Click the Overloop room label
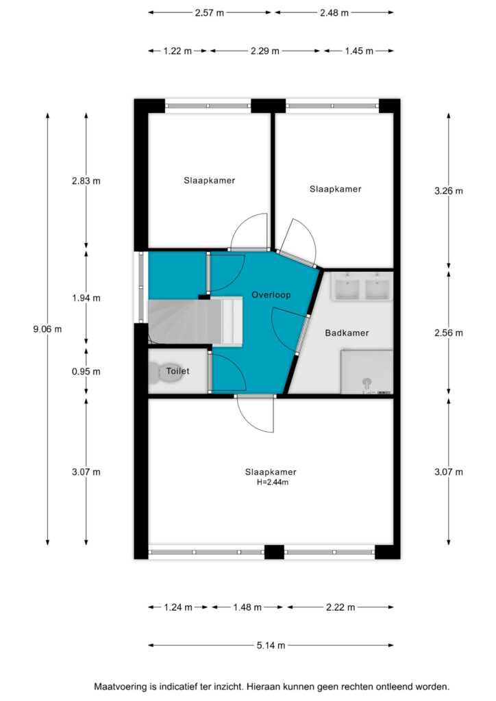pos(271,294)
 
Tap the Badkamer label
pos(347,333)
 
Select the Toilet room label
pos(177,370)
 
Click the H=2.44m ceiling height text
pos(273,483)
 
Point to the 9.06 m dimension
pos(47,329)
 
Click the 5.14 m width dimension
pos(271,645)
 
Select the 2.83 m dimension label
pos(86,181)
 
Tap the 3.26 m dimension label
pos(449,191)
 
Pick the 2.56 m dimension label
pos(449,333)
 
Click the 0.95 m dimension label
pos(86,371)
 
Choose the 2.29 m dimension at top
pos(264,51)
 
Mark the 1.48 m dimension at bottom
pos(247,607)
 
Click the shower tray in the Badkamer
pos(367,372)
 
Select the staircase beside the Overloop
pos(195,322)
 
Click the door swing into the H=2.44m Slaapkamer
pos(255,414)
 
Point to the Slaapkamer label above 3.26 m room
pos(336,189)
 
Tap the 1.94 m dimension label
pos(86,298)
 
